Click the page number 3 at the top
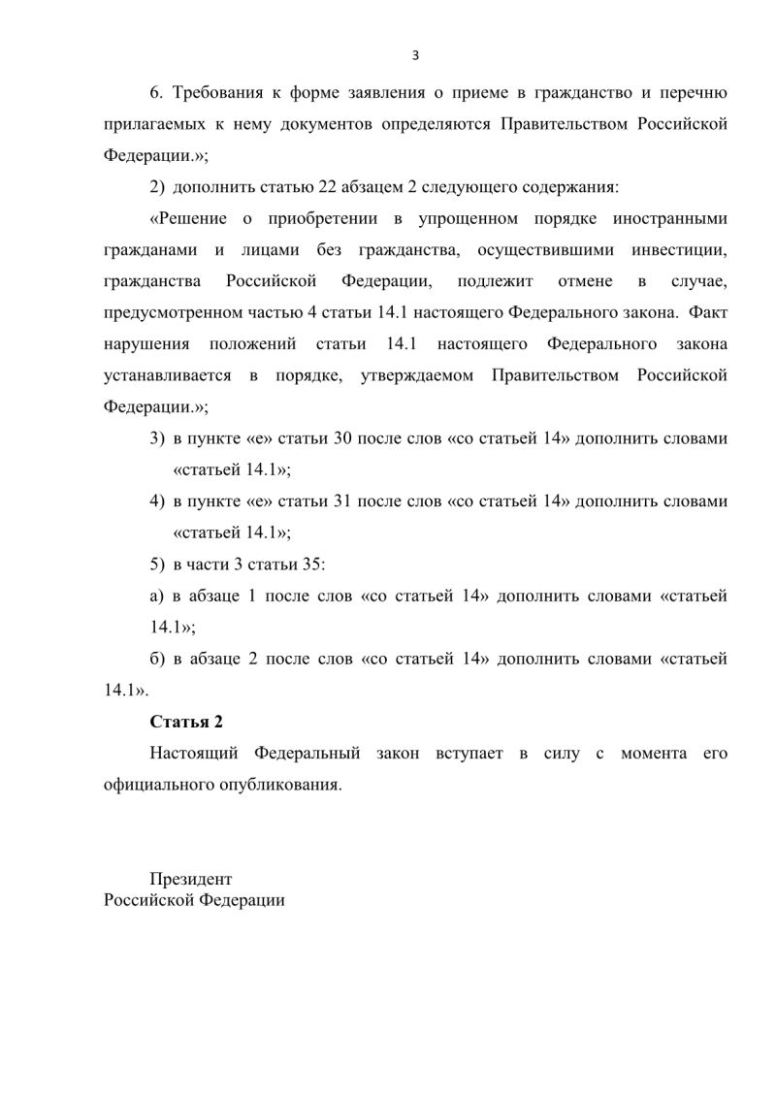(415, 55)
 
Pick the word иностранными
(676, 219)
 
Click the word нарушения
(144, 344)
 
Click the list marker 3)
(157, 438)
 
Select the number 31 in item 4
(343, 501)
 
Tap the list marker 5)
(157, 565)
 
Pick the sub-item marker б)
(157, 659)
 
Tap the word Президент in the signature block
(191, 879)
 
